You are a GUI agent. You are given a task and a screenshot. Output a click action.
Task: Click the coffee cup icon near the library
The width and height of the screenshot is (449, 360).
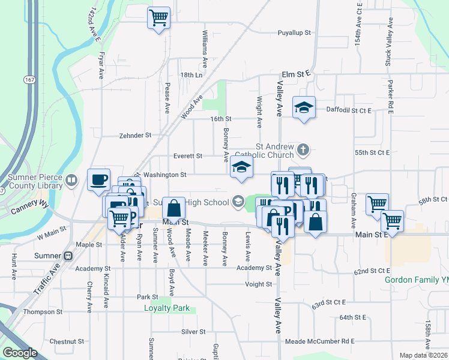(98, 179)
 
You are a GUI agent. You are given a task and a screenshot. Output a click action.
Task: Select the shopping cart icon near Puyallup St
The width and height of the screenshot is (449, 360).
(158, 17)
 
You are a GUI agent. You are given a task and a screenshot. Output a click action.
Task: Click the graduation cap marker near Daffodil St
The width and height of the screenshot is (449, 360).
(304, 107)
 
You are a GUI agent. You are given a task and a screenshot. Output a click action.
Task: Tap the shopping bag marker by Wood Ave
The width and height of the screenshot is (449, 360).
(173, 208)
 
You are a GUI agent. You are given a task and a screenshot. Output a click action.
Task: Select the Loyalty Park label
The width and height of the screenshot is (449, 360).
(167, 308)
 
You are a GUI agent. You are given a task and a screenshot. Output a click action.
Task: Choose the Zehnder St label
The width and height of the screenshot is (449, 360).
(135, 136)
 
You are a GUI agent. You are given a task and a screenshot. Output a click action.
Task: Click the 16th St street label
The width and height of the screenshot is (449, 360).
(220, 119)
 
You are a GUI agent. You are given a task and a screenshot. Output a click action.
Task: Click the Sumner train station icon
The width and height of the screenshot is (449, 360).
(68, 256)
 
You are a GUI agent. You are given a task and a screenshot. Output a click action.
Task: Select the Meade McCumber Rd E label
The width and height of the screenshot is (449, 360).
(319, 341)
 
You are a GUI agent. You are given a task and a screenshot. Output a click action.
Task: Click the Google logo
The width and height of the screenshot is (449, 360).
(20, 353)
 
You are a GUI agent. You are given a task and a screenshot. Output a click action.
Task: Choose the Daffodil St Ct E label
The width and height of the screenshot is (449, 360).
(349, 110)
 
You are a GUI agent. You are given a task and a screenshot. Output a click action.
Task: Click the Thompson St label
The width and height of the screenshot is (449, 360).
(43, 312)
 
